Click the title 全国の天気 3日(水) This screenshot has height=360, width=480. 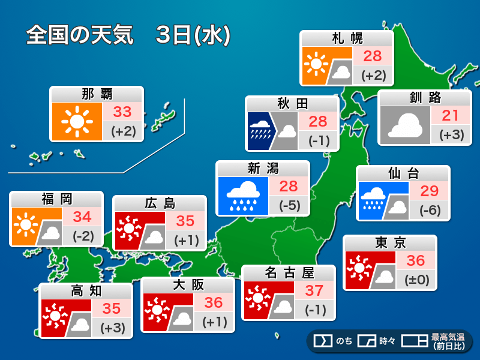tap(128, 35)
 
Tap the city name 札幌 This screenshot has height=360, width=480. tap(347, 39)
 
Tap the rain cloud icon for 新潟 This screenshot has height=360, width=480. tap(244, 196)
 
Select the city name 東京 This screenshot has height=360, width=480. tap(390, 243)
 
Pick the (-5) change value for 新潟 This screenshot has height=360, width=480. tap(290, 205)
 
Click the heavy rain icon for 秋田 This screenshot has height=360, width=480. tap(260, 130)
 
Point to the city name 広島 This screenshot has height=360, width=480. tap(160, 203)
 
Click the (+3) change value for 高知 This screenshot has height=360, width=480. tap(112, 328)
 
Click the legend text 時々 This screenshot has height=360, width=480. tap(387, 341)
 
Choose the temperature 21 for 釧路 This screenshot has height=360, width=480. tap(451, 115)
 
